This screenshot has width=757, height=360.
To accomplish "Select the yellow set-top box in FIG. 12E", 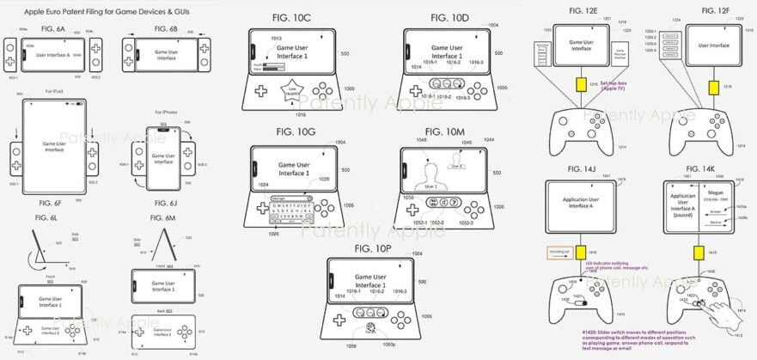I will coord(581,87).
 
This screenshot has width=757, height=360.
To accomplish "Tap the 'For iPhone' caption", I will coord(168,113).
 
